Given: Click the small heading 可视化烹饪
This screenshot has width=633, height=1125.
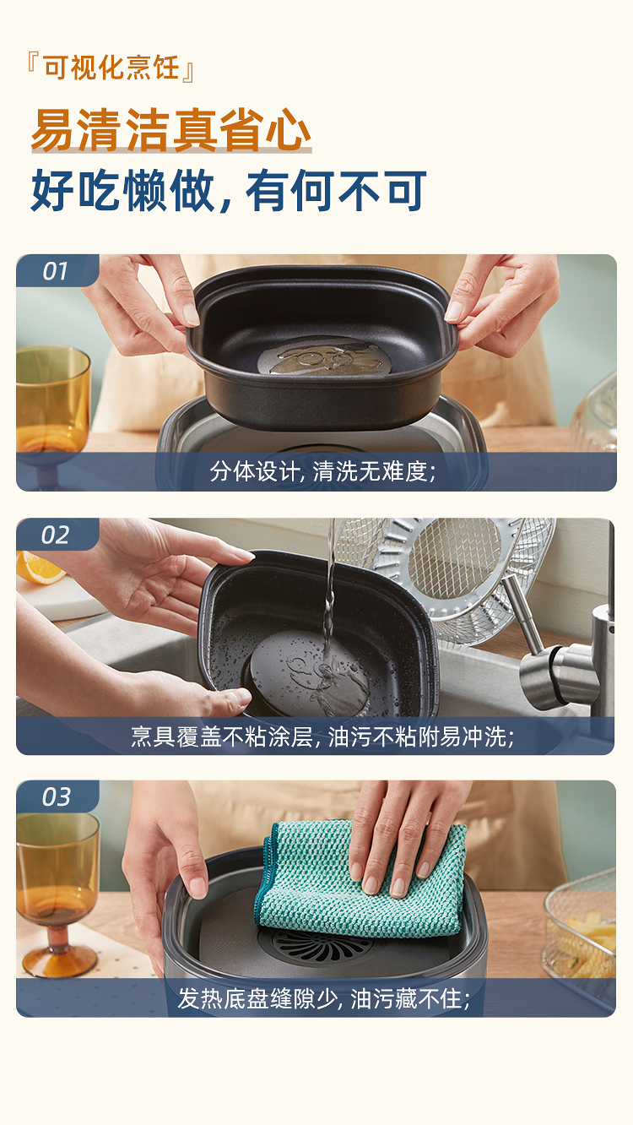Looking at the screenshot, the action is (x=111, y=68).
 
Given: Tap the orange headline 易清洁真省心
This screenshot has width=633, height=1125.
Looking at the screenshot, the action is (x=171, y=130).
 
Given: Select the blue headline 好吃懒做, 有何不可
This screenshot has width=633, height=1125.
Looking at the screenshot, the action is (x=229, y=190).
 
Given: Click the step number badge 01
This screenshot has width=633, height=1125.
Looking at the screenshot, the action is (x=55, y=271).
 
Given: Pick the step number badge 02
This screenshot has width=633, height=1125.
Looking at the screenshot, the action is (x=55, y=535).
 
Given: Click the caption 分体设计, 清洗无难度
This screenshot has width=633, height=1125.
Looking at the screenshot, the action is (x=322, y=471).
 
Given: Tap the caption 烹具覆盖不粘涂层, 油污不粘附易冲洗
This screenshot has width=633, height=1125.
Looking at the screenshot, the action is (x=322, y=736).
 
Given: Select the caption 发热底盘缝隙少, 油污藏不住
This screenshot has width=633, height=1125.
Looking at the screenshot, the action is (x=324, y=998).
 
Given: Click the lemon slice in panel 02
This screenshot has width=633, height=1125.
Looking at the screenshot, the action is (x=38, y=568).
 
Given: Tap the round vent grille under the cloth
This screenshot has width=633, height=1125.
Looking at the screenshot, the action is (x=322, y=946).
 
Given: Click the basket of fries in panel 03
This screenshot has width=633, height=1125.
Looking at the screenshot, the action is (x=582, y=934).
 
